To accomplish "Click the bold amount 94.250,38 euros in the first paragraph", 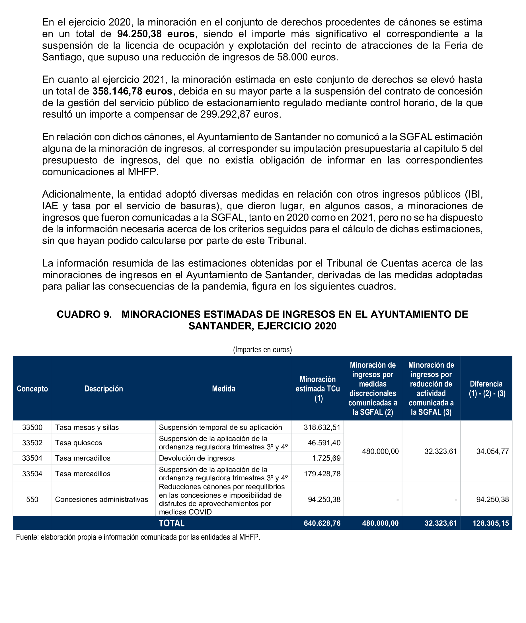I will pos(156,34).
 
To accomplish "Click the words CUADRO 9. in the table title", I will pos(84,314).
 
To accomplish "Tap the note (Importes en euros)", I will pos(263,349).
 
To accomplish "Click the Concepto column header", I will pos(32,389).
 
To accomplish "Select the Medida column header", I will pos(223,389).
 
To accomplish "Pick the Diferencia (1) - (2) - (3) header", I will pos(487,389).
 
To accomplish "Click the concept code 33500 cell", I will pos(32,427).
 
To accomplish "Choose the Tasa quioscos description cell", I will pos(78,443).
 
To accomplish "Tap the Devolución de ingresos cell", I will pos(197,458).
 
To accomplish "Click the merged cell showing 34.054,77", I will pos(492,451).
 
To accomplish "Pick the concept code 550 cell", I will pos(32,499).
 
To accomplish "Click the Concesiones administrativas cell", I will pos(101,499).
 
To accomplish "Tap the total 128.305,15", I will pos(491,523).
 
